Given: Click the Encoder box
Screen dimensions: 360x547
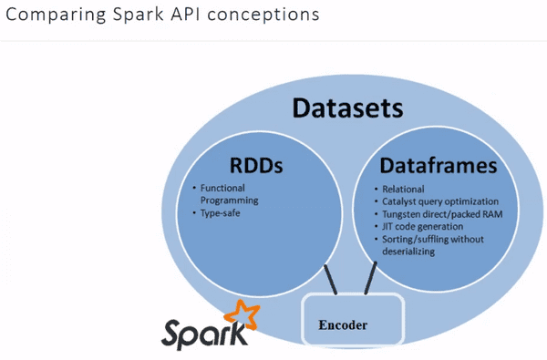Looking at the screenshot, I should [x=350, y=324].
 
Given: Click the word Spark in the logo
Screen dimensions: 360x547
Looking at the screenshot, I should [x=205, y=333].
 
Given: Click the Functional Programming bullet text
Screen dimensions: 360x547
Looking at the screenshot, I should [x=230, y=194].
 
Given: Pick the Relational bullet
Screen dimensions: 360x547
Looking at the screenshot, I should [x=405, y=190].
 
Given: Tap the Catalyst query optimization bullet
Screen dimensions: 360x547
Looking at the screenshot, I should [x=441, y=201].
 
